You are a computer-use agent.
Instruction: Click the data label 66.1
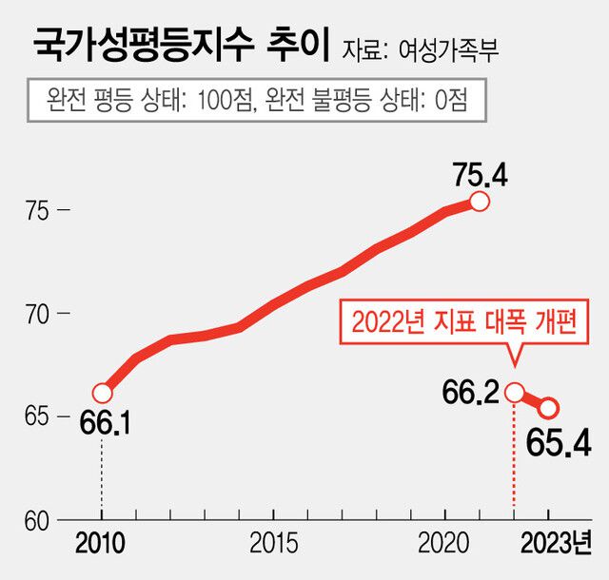point(104,424)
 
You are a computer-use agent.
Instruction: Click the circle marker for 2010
point(103,393)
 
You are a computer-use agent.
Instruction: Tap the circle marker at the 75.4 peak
point(480,202)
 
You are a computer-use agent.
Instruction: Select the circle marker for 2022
point(515,392)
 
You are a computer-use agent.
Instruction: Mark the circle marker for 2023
point(549,408)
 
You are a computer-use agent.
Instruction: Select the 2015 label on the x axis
point(274,545)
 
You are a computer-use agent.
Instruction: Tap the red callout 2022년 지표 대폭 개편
point(464,322)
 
